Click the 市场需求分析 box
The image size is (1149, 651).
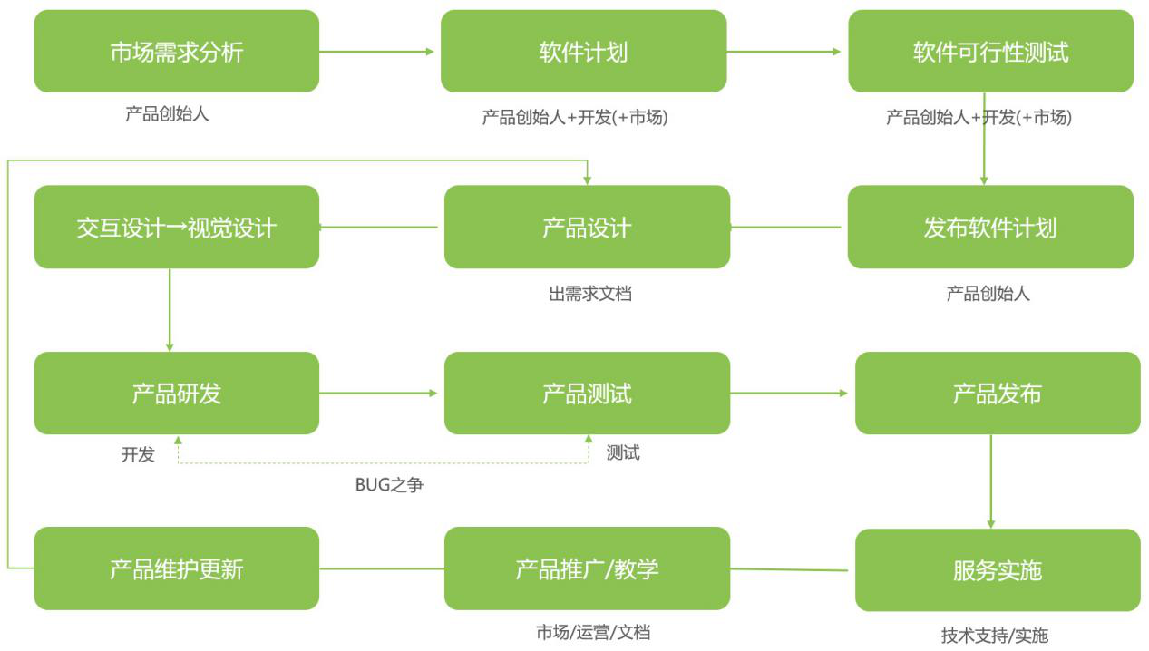[176, 52]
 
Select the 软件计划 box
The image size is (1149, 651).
[583, 52]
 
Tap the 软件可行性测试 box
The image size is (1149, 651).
[990, 52]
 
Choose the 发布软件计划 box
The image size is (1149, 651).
[990, 227]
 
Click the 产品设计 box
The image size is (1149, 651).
[587, 227]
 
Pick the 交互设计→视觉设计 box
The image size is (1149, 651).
[176, 227]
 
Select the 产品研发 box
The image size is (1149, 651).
[176, 394]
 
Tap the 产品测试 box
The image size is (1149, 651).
[587, 394]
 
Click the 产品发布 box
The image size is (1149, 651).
[998, 394]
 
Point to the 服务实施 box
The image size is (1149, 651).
[998, 570]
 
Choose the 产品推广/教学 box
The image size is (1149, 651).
[587, 568]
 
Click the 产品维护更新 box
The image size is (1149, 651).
[176, 568]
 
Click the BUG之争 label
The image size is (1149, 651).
[389, 485]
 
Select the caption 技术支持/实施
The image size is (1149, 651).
[994, 636]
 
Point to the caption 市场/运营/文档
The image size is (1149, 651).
[592, 633]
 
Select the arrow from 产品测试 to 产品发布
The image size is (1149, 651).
[789, 394]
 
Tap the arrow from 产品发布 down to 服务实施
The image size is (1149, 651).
[990, 481]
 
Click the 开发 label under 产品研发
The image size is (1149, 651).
[138, 454]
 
